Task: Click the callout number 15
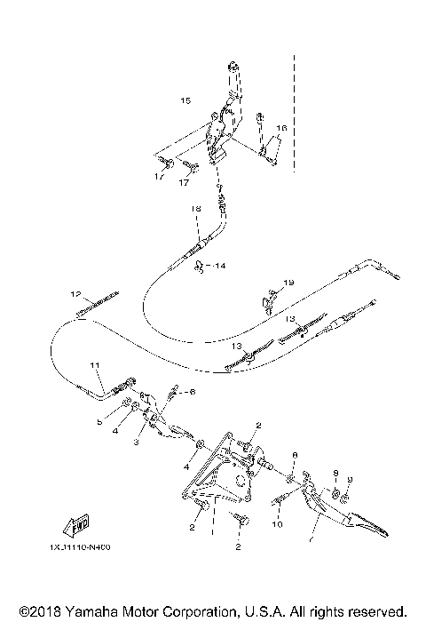coord(185,100)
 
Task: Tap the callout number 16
coord(281,128)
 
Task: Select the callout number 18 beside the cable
coord(196,208)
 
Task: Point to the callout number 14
coord(220,265)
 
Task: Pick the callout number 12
coord(76,292)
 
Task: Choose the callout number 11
coord(95,364)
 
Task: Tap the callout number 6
coord(191,391)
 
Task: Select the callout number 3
coord(138,442)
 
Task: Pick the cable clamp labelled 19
coord(267,299)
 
